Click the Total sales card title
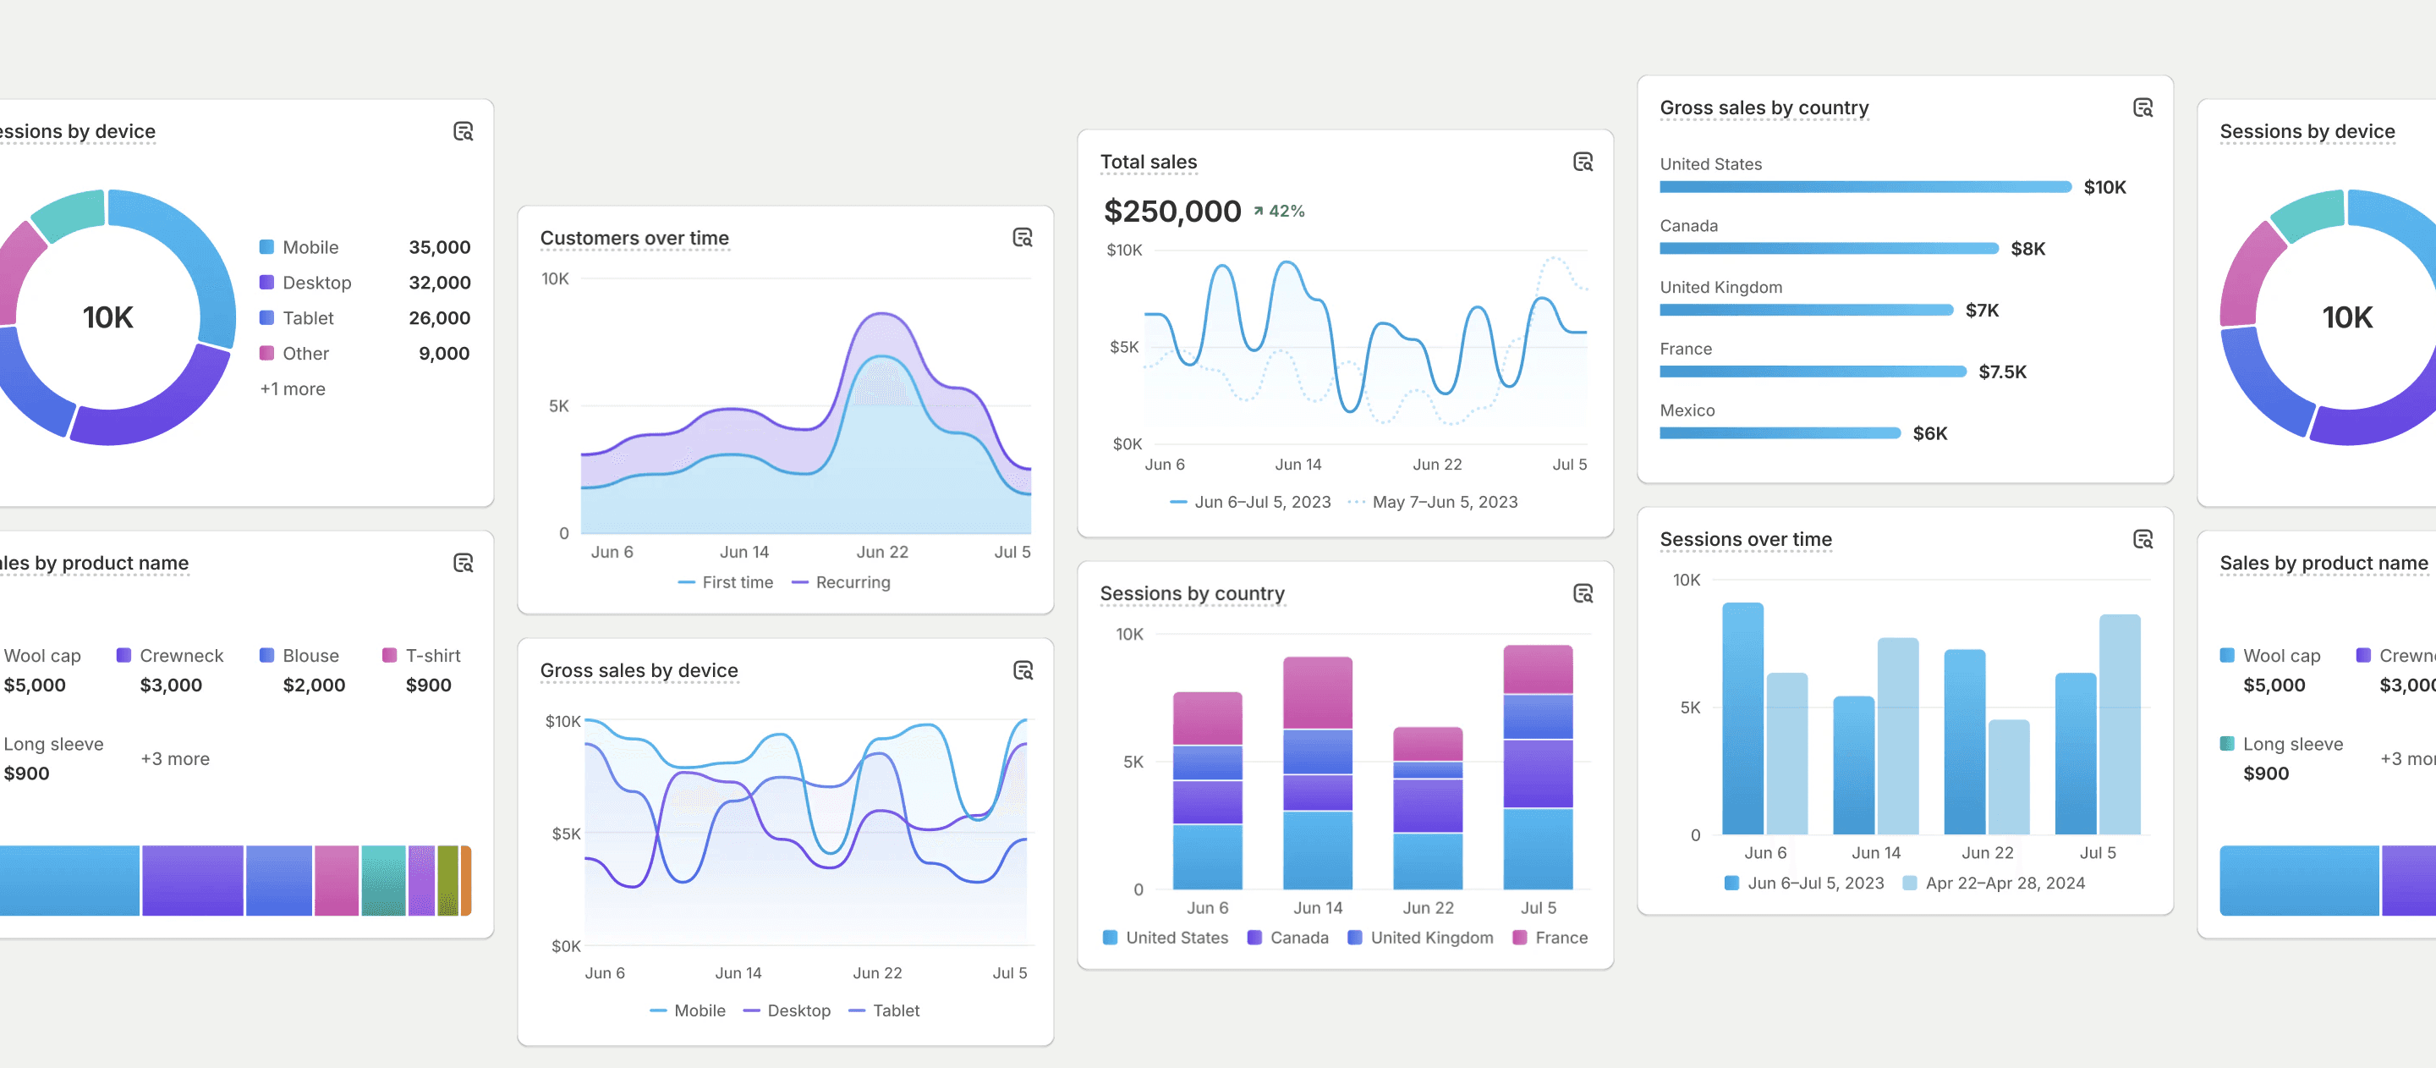(1148, 162)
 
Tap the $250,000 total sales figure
(1171, 211)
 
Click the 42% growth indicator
(1279, 211)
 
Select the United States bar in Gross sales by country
(1865, 187)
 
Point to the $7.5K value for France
(2002, 372)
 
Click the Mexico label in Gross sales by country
(1687, 410)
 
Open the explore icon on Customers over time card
(1023, 238)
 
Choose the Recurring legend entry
(841, 583)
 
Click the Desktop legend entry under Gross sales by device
(787, 1010)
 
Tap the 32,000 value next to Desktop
(439, 283)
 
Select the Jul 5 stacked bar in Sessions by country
(1538, 768)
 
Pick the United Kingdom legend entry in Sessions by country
(1420, 938)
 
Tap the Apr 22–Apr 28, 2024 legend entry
(1994, 883)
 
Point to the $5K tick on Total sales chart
(1124, 347)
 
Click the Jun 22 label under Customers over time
(881, 552)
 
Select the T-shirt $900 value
(428, 685)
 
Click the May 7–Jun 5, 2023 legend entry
(1432, 503)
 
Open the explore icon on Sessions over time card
(2142, 539)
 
